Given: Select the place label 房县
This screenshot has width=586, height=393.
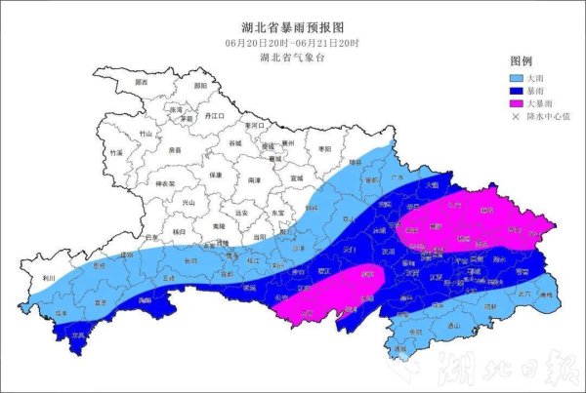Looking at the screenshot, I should [x=175, y=151].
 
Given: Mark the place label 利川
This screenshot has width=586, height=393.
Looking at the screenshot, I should [x=48, y=277].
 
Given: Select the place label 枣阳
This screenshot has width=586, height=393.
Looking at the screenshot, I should [x=325, y=147].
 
